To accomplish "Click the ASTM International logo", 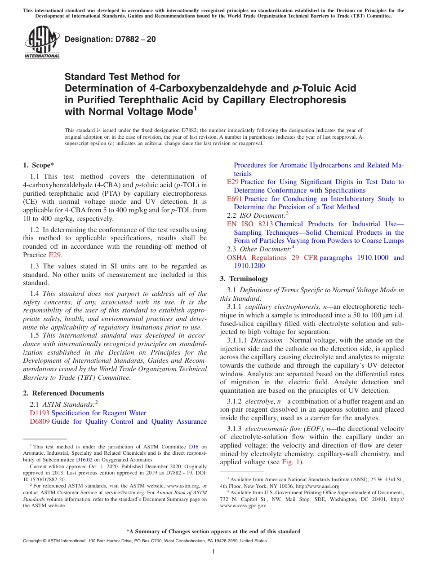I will pos(41,42).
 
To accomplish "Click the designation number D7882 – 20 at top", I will pos(110,39).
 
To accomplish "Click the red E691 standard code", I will pos(235,199).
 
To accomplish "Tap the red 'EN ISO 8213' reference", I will pos(249,224).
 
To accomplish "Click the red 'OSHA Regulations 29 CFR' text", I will pos(272,258).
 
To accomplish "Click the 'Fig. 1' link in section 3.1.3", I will pos(290,462).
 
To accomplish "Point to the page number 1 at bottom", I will pos(213,551).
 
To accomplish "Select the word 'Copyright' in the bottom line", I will pos(34,541).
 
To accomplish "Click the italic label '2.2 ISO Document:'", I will pos(256,215).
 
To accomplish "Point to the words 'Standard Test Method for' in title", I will pos(122,77).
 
